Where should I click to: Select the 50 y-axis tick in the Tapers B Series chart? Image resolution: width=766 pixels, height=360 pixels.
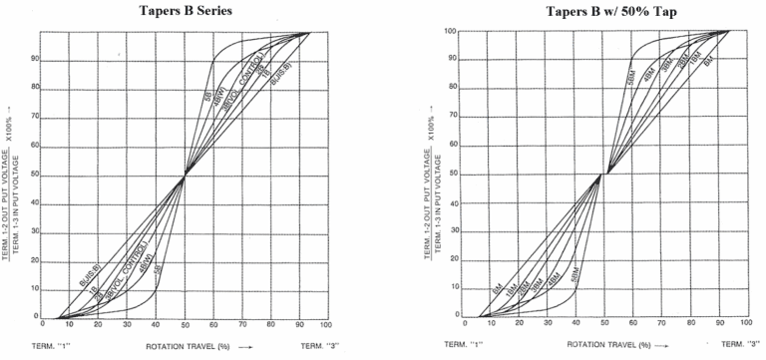[x=33, y=176]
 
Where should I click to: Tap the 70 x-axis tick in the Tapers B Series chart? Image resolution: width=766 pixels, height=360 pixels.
[x=240, y=323]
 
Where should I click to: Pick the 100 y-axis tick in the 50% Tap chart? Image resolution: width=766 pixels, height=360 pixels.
[x=451, y=31]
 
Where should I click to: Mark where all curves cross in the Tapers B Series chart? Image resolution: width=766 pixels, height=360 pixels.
[x=184, y=176]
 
